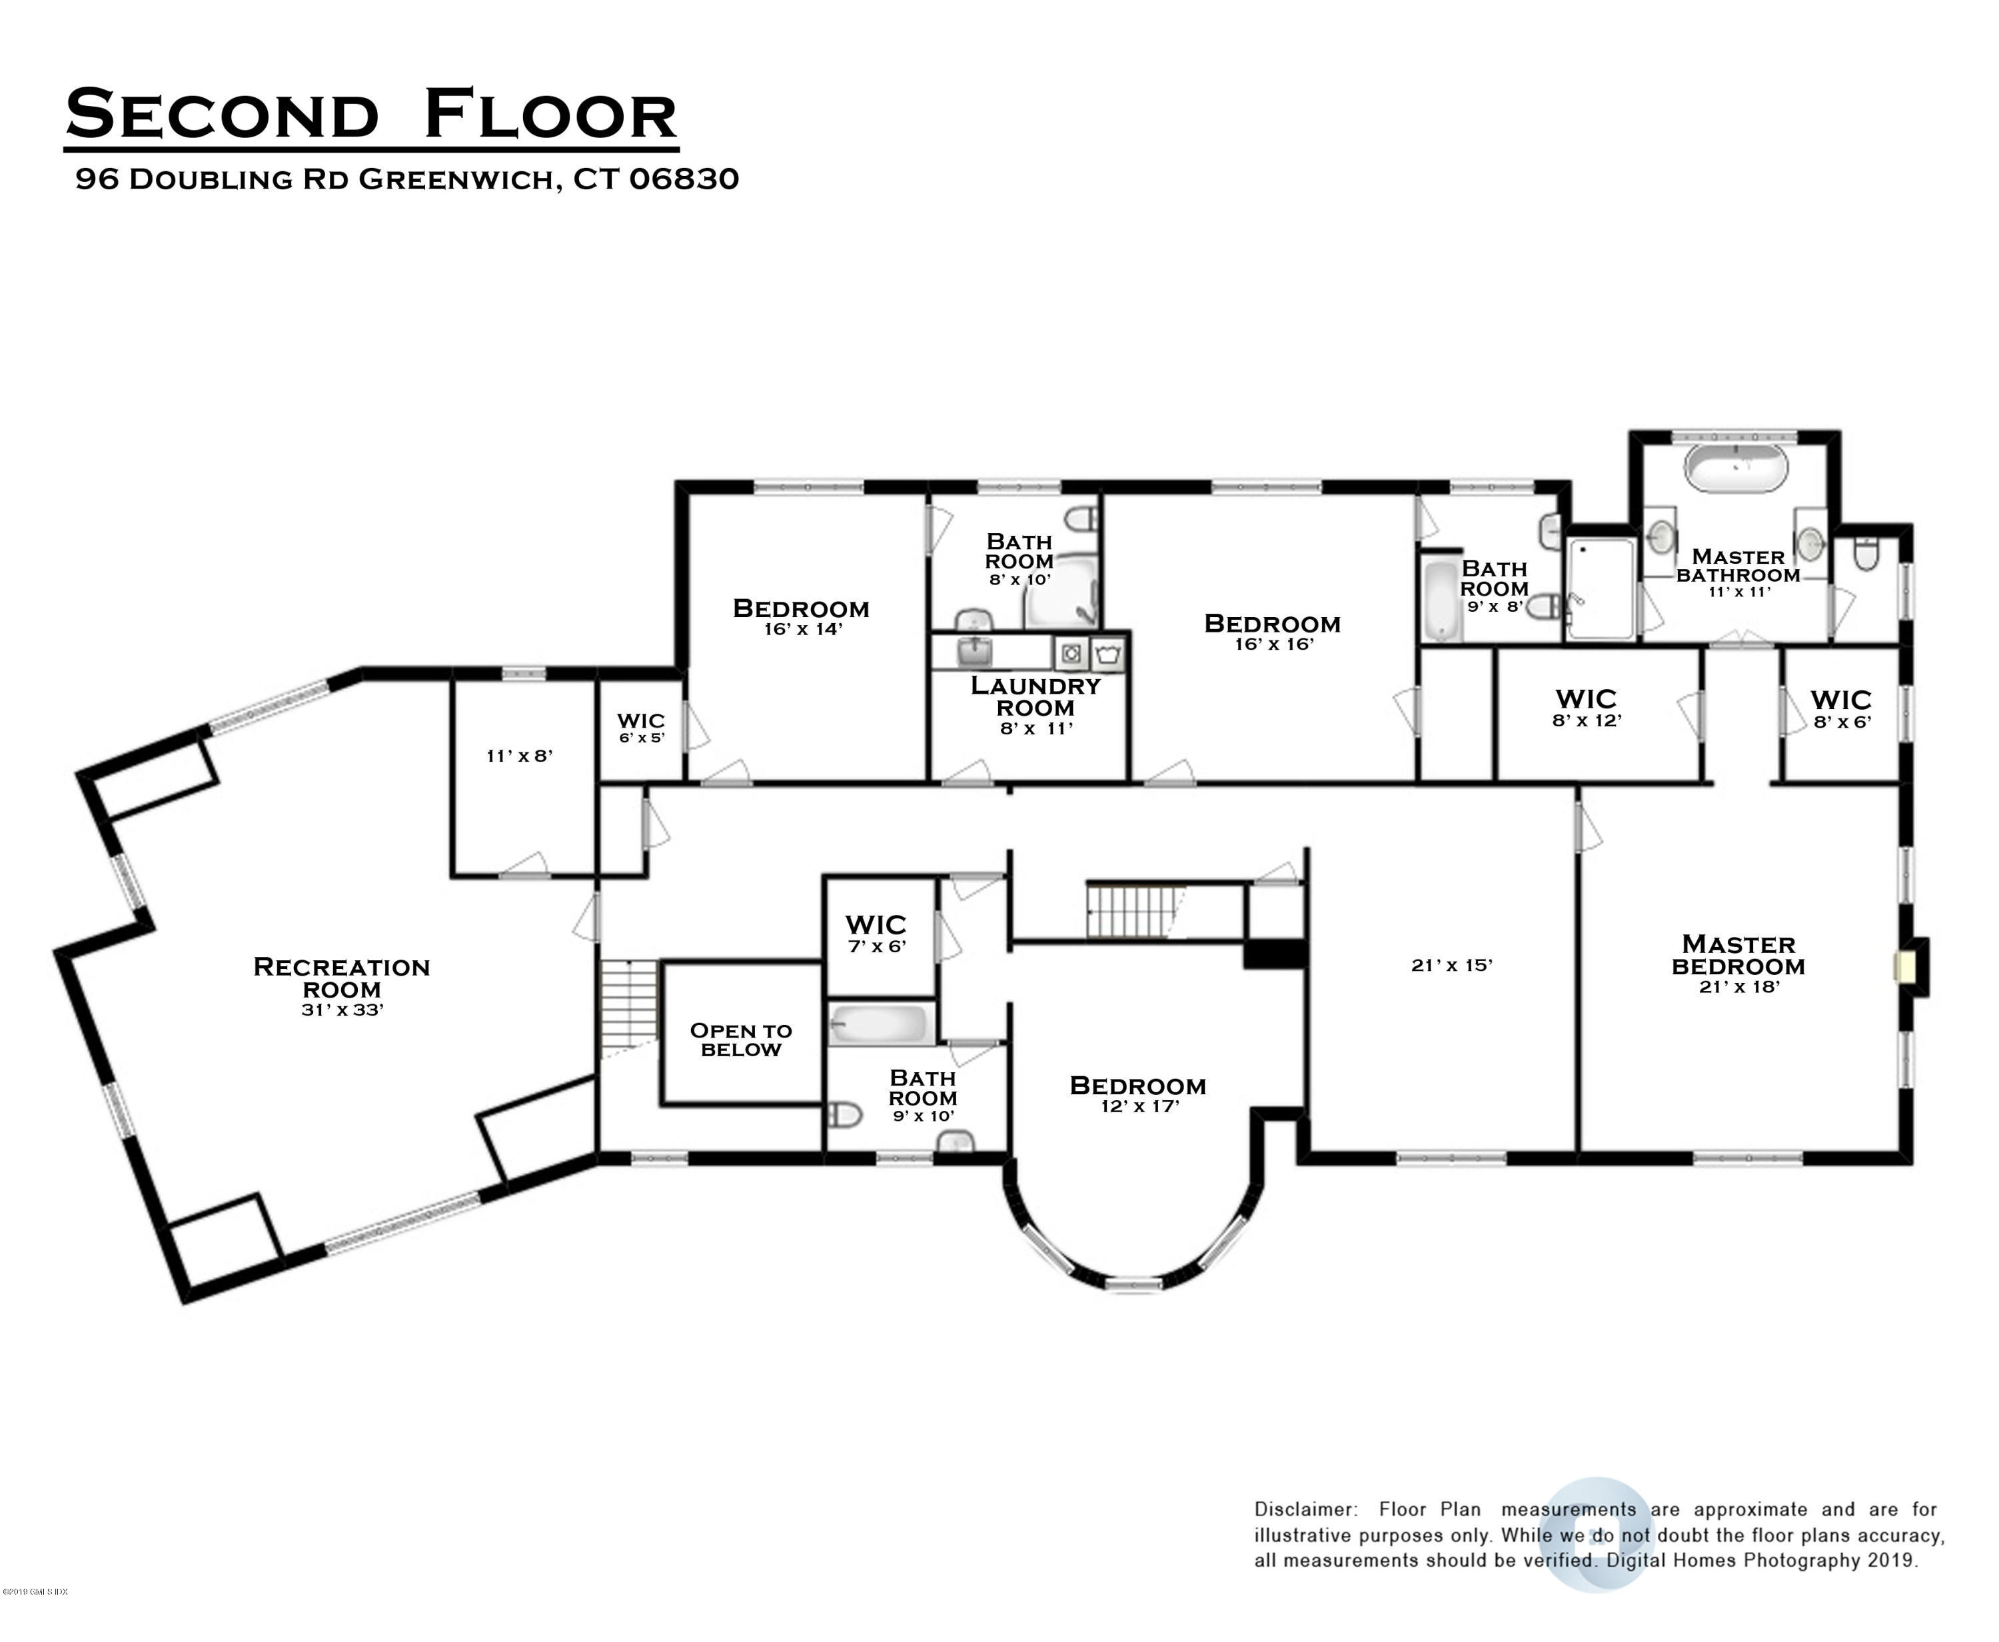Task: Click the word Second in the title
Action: [x=222, y=115]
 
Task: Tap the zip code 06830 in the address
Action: [x=683, y=179]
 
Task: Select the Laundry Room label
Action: [x=1035, y=697]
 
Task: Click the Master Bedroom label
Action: [x=1738, y=956]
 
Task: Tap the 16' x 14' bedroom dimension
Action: [x=802, y=629]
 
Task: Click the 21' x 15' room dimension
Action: [x=1451, y=965]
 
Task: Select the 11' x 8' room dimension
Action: [x=519, y=755]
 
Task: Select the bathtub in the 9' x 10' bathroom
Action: [x=880, y=1024]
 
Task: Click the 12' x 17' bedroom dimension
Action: [x=1139, y=1106]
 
